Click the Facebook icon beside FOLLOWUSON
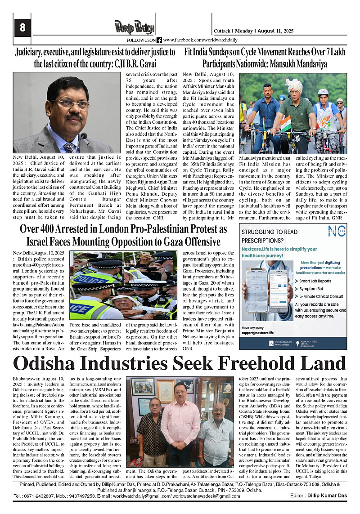(x=159, y=40)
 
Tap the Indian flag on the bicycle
(x=286, y=122)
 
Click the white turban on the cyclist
(x=294, y=85)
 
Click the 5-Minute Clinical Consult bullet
(x=318, y=296)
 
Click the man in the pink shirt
(x=180, y=427)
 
